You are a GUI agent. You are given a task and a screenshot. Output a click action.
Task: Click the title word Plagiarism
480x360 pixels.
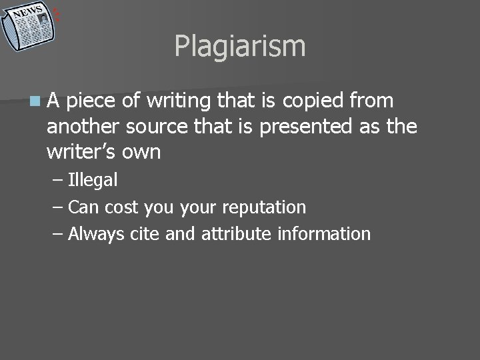[240, 47]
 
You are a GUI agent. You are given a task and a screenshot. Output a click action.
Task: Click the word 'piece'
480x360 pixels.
[93, 101]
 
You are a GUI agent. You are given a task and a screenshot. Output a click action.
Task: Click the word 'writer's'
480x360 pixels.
[79, 152]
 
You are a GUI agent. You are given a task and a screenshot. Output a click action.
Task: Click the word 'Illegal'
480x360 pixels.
[93, 180]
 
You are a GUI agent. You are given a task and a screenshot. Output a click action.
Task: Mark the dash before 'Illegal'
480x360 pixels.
[57, 180]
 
